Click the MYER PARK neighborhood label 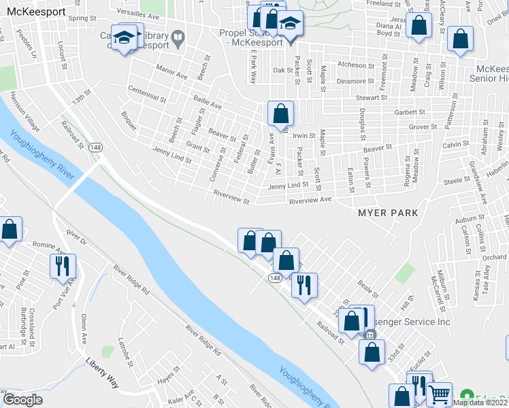[388, 214]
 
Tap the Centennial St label [146, 95]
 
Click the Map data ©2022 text [480, 403]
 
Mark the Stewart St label [370, 98]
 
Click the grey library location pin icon [178, 39]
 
